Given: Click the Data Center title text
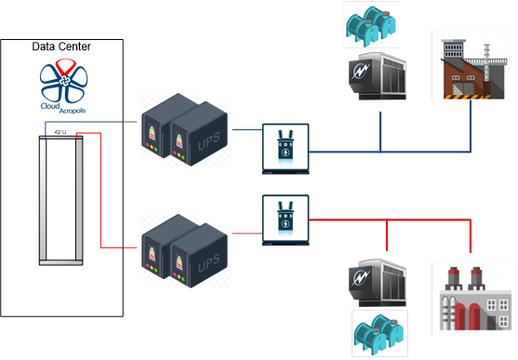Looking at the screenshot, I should (63, 47).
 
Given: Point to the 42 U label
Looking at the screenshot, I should (61, 132).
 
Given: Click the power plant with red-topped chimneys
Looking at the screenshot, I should (471, 298).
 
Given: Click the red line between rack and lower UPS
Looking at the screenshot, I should (116, 248).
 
